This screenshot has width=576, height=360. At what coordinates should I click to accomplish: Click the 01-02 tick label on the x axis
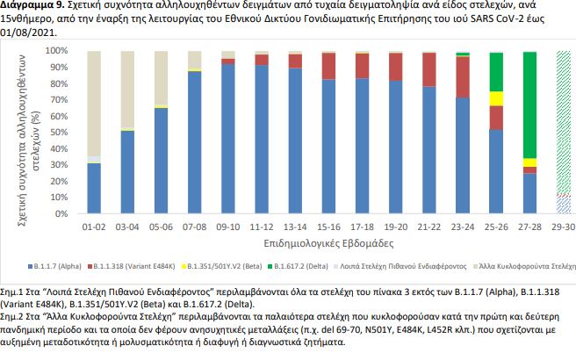tap(94, 227)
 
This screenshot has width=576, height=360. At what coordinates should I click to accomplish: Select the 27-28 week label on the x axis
tap(529, 227)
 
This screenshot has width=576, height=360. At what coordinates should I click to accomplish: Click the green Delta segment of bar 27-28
tap(529, 105)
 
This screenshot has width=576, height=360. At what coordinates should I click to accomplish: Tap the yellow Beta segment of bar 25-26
tap(496, 98)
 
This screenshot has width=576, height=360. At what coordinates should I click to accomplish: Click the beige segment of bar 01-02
tap(94, 104)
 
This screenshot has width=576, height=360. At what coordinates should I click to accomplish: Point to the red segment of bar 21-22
tap(428, 69)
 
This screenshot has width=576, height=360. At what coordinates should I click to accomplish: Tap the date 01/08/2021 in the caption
tap(32, 32)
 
